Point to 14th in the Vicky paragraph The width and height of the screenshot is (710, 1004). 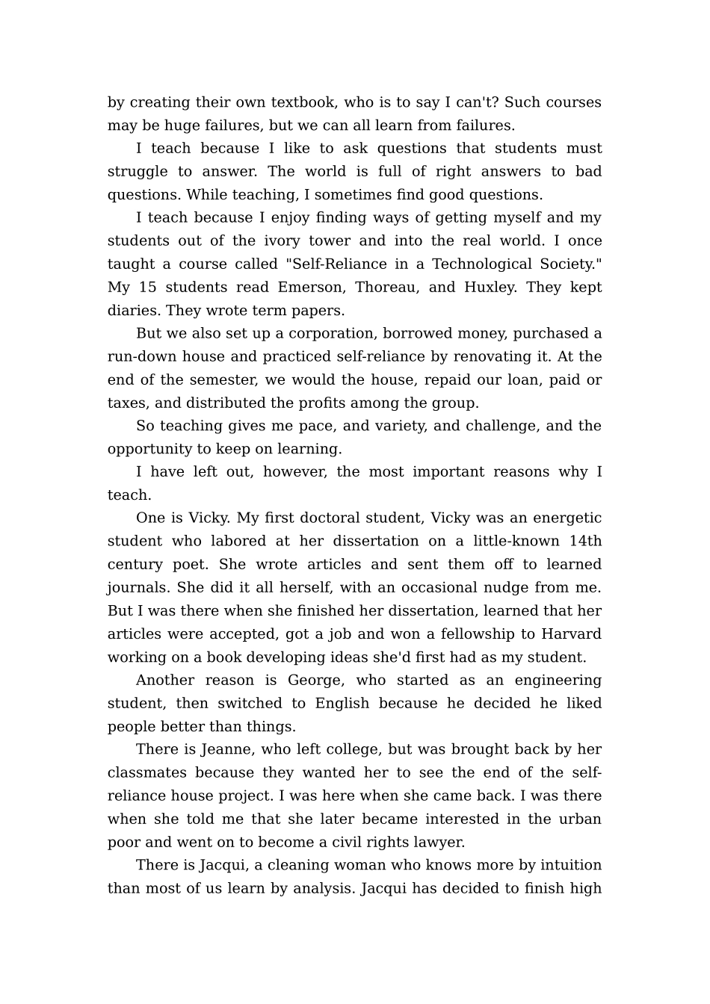coord(584,542)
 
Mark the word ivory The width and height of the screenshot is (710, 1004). coord(281,241)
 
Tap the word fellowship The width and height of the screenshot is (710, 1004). coord(480,634)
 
